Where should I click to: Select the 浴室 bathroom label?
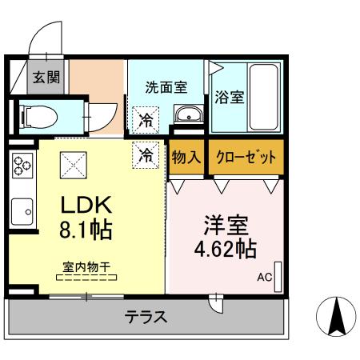pyautogui.click(x=229, y=98)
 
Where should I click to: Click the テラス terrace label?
pyautogui.click(x=145, y=318)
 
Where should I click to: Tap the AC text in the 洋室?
pyautogui.click(x=264, y=279)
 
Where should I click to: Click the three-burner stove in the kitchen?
pyautogui.click(x=22, y=169)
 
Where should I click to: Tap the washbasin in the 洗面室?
pyautogui.click(x=189, y=113)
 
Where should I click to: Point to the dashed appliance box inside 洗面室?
pyautogui.click(x=146, y=120)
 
